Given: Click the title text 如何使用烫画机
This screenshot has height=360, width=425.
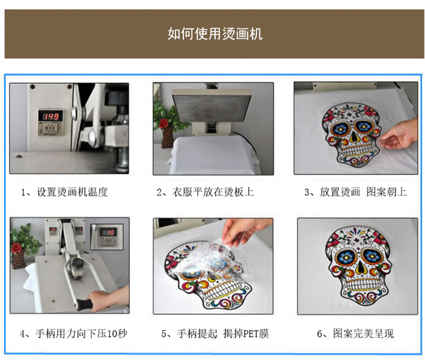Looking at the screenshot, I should pyautogui.click(x=215, y=34).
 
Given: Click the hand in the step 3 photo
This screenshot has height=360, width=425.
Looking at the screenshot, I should pyautogui.click(x=400, y=135).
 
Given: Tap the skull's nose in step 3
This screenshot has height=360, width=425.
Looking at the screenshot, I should pyautogui.click(x=356, y=138).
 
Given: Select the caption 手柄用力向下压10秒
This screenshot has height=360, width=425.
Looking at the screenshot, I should pyautogui.click(x=74, y=334).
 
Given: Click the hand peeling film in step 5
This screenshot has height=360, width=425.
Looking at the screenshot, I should pyautogui.click(x=242, y=228).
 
